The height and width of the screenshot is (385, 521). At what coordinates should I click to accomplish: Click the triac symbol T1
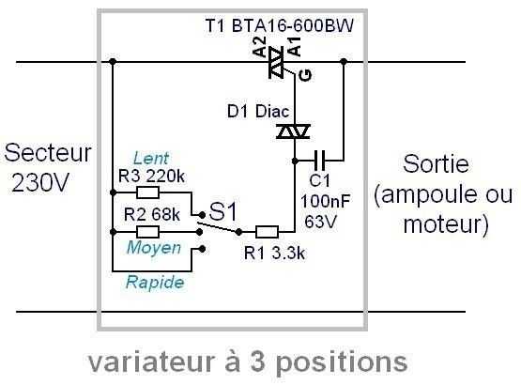(x=278, y=63)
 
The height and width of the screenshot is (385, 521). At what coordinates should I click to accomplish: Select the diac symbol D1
(x=294, y=131)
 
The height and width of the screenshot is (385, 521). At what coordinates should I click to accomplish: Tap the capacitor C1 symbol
(x=321, y=161)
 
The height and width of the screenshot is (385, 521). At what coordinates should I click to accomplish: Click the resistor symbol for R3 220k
(x=148, y=192)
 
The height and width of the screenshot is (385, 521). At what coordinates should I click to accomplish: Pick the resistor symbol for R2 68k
(x=148, y=232)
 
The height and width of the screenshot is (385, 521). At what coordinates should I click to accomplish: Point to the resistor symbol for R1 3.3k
(x=267, y=232)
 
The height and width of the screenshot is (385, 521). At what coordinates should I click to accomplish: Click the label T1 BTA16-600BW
(x=279, y=25)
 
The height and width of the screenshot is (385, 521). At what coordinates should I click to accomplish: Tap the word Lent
(x=150, y=159)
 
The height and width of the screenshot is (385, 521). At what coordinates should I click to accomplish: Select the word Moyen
(x=154, y=248)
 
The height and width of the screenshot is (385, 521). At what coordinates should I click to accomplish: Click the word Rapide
(x=155, y=283)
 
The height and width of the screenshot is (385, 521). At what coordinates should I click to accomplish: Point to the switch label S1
(x=223, y=211)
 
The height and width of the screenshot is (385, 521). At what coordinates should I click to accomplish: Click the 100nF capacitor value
(x=326, y=200)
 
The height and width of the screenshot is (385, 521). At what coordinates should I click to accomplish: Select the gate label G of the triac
(x=305, y=75)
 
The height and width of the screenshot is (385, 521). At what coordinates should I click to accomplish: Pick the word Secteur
(x=48, y=153)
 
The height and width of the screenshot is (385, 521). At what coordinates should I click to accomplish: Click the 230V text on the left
(x=39, y=182)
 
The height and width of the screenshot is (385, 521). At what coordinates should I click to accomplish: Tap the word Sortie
(x=436, y=163)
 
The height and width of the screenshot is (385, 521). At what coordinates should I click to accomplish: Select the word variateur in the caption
(x=151, y=362)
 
